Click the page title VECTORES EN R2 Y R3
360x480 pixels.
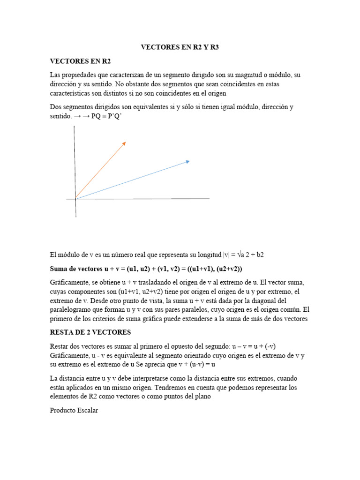point(180,47)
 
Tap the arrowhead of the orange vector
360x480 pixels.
point(124,143)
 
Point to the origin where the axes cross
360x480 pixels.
point(75,199)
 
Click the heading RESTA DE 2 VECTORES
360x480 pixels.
point(90,332)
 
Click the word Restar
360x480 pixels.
point(59,346)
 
